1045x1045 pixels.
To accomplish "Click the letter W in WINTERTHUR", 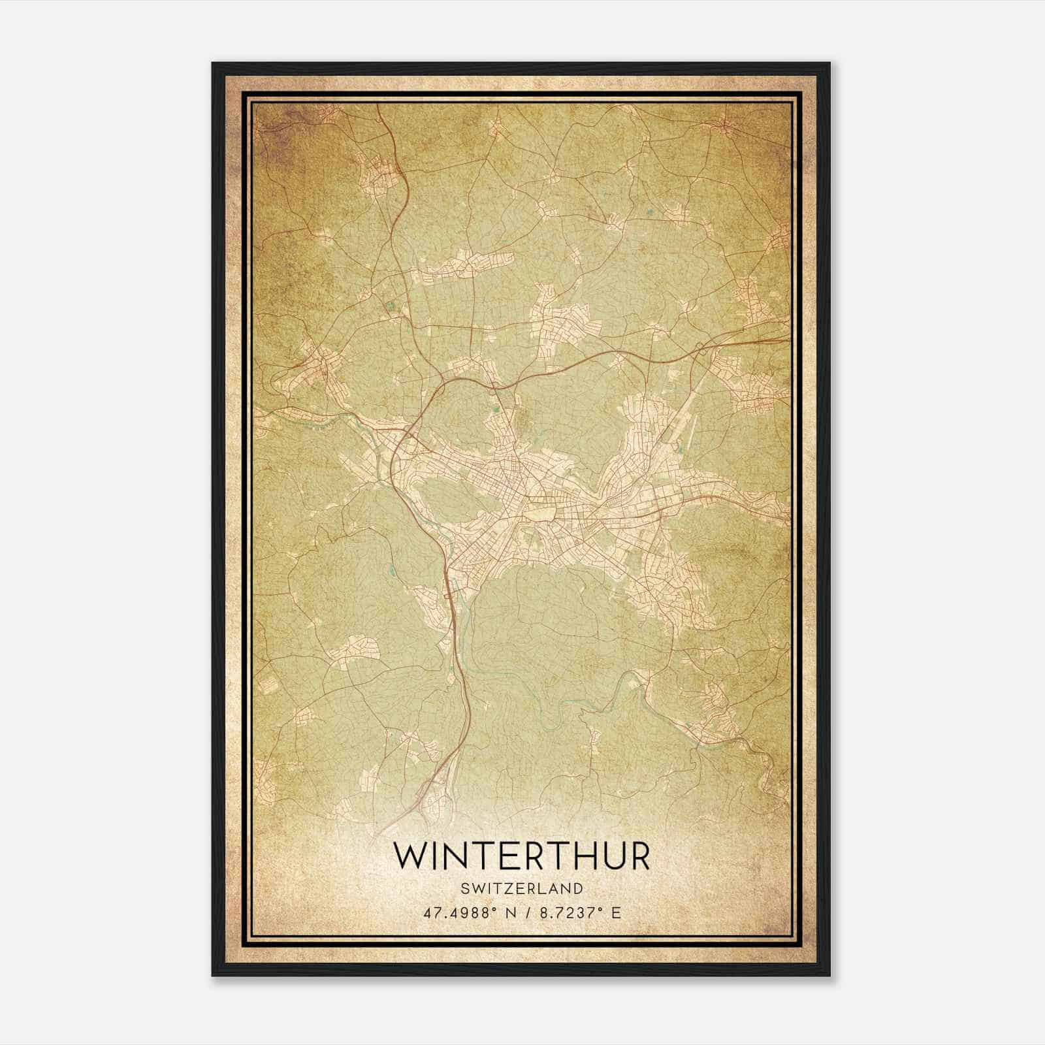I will pos(411,856).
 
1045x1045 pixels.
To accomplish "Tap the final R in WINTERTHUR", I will pos(639,856).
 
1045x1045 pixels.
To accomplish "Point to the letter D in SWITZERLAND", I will pos(578,889).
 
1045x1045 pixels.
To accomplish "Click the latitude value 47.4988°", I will pos(455,912).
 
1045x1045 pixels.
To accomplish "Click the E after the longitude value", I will pos(616,912).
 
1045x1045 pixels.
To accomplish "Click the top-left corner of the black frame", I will pos(214,64).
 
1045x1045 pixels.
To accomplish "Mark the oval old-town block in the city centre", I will pos(541,515).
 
